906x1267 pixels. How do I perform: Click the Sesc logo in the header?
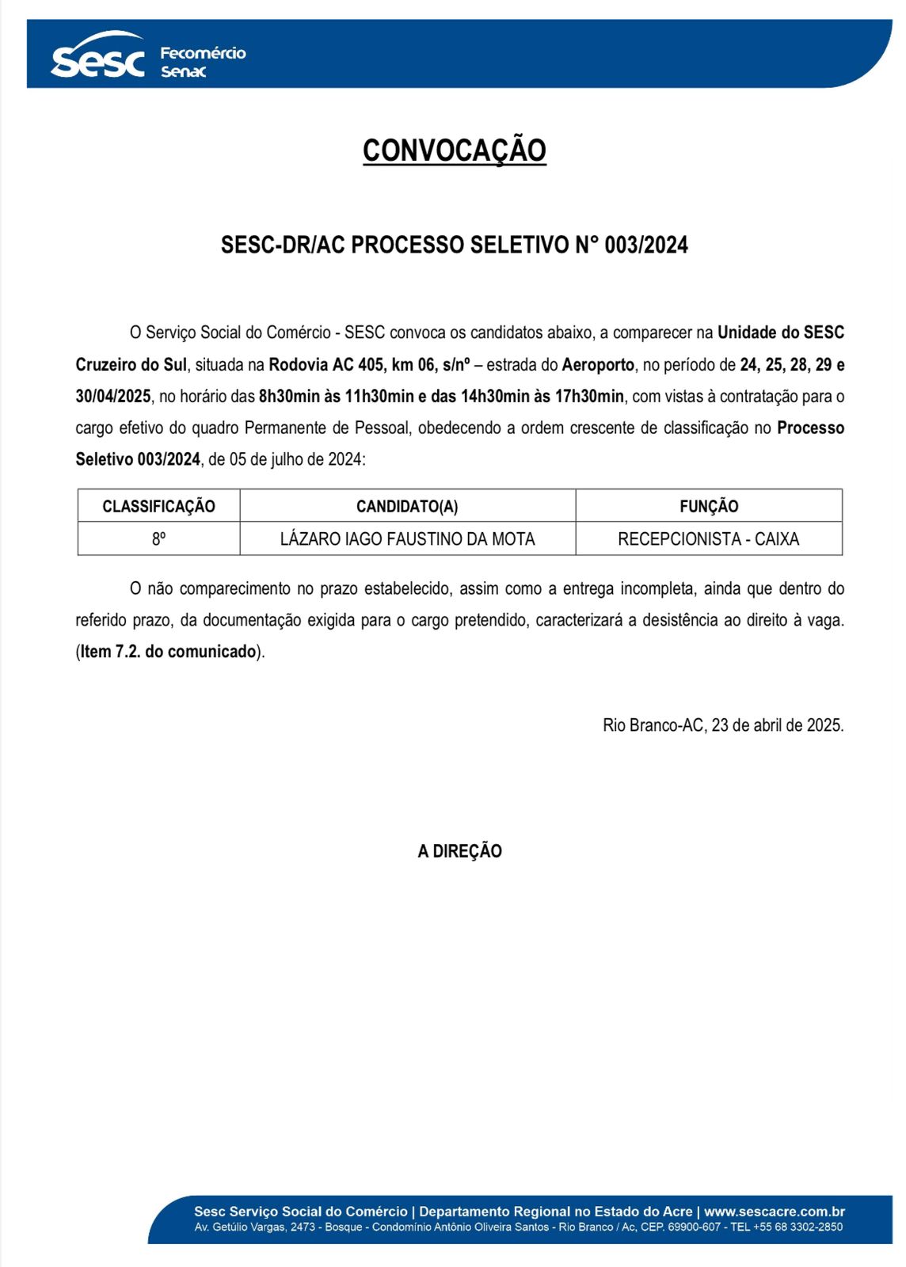97,57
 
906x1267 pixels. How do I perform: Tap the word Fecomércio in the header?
203,53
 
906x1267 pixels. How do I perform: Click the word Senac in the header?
183,72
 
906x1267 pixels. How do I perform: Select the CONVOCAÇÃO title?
454,150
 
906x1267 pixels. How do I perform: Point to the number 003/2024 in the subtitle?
646,245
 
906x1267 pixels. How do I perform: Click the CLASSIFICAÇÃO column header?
158,506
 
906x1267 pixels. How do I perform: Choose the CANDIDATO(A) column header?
407,506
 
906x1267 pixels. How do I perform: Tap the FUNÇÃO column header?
709,506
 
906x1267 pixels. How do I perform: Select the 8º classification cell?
158,538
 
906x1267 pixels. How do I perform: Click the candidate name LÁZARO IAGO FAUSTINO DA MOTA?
407,538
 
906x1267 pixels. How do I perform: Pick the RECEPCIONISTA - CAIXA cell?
708,538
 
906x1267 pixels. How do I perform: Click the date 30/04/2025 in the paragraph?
113,396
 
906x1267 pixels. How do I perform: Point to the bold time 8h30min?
289,396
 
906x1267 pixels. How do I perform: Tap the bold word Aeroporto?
598,364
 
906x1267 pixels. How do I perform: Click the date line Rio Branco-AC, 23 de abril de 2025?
722,725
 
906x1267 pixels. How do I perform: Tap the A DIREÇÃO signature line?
459,851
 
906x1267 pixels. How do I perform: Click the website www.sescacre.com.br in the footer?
774,1212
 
